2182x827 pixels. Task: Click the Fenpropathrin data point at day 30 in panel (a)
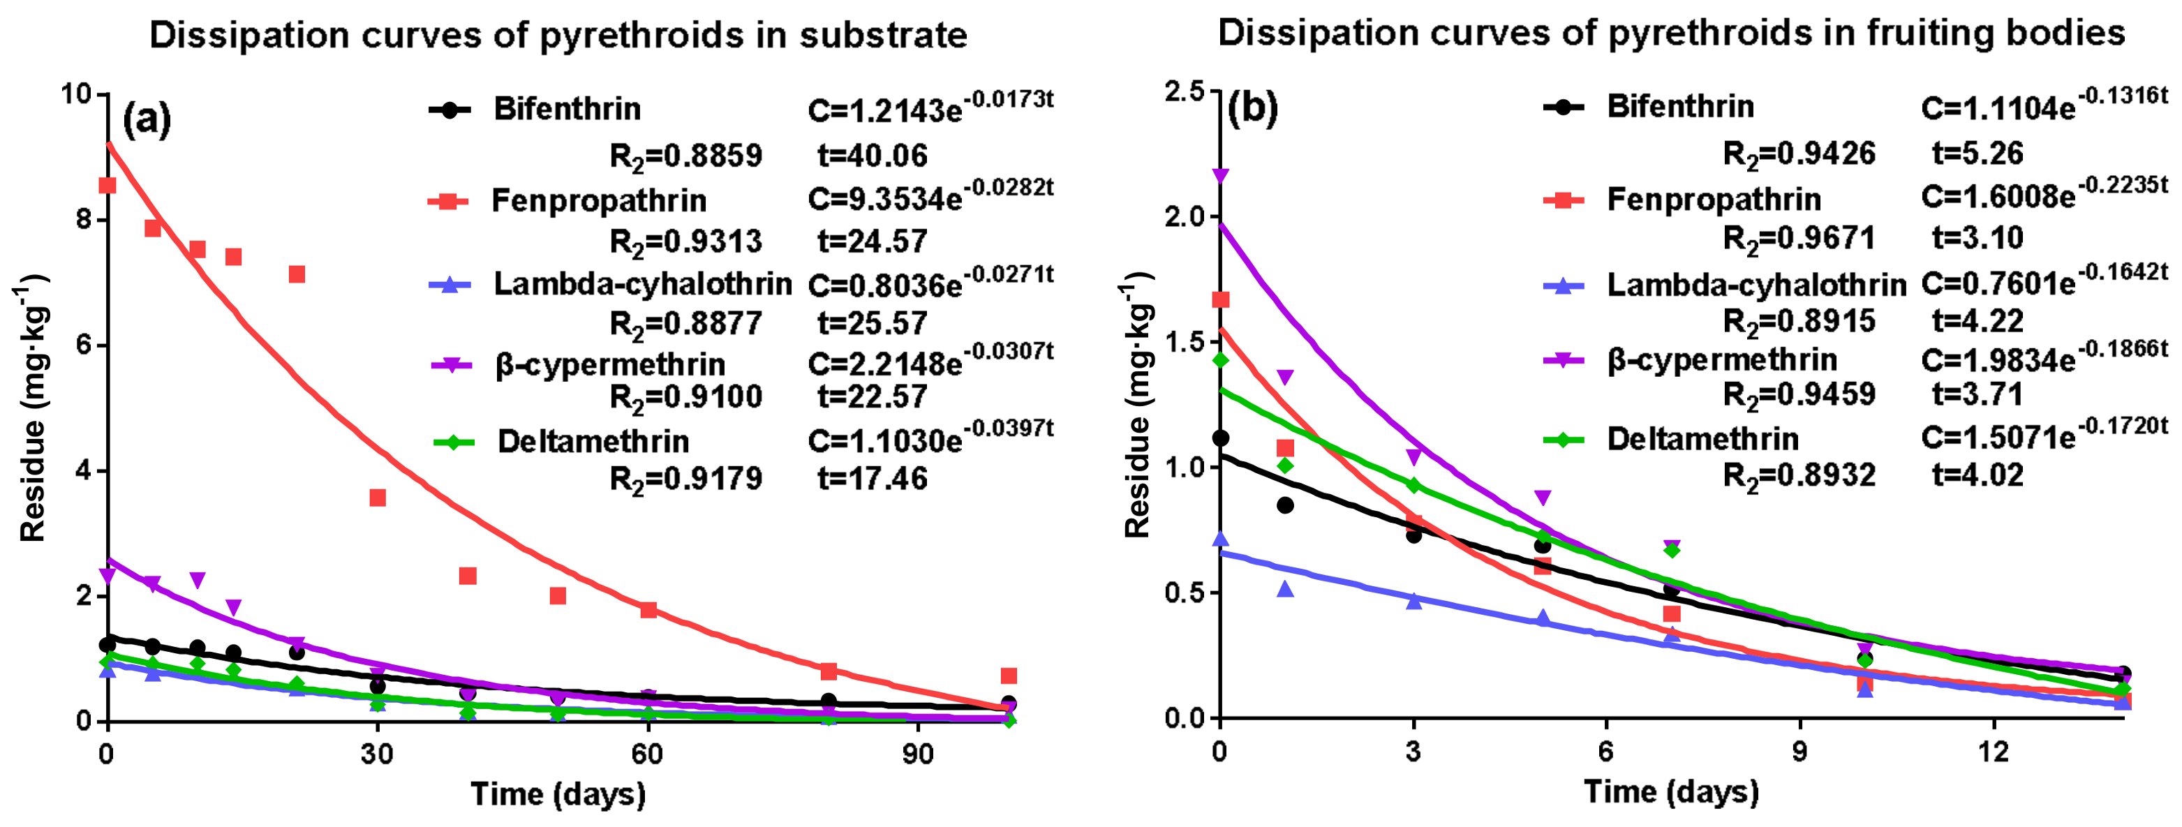(378, 498)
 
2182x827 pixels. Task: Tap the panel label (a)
(147, 119)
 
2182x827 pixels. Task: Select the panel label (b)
(1252, 109)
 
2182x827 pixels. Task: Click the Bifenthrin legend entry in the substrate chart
(567, 109)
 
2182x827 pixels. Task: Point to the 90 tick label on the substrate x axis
(917, 755)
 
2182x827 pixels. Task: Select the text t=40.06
(872, 156)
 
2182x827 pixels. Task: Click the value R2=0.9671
(1799, 239)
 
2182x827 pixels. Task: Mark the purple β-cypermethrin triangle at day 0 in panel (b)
(1221, 176)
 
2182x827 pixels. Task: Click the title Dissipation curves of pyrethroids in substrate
(558, 36)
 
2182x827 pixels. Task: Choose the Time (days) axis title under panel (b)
(1670, 792)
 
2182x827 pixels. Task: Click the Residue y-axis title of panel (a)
(32, 408)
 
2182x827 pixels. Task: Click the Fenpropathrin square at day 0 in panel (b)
(1221, 299)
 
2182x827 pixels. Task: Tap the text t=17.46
(872, 479)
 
